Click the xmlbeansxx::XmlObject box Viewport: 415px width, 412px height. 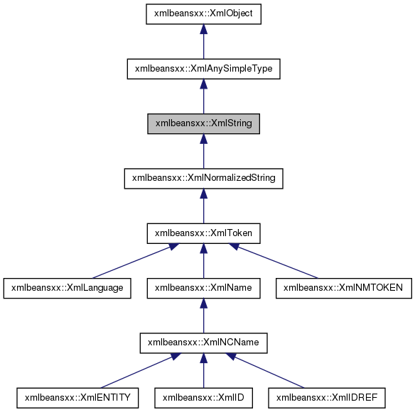tap(203, 13)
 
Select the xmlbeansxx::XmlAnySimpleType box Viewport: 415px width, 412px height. tap(203, 69)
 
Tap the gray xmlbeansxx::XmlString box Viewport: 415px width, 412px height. tap(203, 124)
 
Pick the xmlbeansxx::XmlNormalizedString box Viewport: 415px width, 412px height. tap(203, 179)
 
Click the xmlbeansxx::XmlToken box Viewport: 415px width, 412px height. tap(203, 232)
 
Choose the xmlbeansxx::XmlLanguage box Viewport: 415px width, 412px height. tap(68, 287)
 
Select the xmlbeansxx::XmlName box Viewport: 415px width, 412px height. tap(203, 287)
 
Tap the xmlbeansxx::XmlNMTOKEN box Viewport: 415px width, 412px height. tap(343, 287)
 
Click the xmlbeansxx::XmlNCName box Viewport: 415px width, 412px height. tap(203, 343)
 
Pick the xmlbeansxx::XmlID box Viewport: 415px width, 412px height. tap(203, 398)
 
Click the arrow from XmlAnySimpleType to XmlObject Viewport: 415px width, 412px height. tap(203, 43)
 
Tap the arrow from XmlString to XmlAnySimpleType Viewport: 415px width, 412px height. tap(203, 98)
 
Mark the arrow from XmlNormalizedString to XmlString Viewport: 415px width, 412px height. tap(203, 153)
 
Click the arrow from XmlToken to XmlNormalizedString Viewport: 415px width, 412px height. tap(203, 207)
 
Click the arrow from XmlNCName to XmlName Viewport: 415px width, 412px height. tap(203, 316)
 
